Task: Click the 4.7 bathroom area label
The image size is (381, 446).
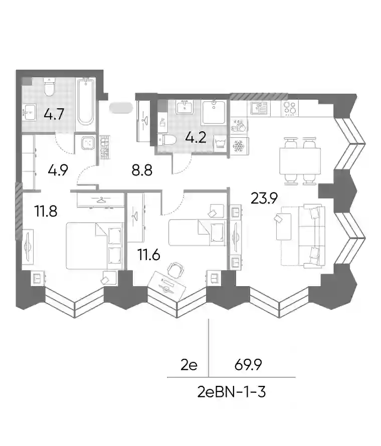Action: click(x=54, y=114)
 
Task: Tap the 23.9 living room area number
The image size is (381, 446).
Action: click(x=264, y=198)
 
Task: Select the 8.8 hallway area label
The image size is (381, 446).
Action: click(x=142, y=171)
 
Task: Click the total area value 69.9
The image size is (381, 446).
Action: click(x=248, y=365)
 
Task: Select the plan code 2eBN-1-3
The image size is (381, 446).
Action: click(x=231, y=392)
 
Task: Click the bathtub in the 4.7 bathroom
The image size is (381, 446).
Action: click(x=86, y=102)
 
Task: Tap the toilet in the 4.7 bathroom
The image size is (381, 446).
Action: click(x=50, y=87)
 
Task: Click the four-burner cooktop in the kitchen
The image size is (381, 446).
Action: click(x=290, y=108)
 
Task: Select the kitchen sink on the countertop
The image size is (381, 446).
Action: click(x=260, y=108)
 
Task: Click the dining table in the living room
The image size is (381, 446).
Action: click(x=300, y=161)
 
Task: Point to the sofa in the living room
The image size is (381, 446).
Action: click(x=311, y=236)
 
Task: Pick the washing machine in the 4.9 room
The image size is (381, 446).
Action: click(x=88, y=143)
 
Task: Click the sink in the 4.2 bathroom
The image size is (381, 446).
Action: click(x=185, y=107)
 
